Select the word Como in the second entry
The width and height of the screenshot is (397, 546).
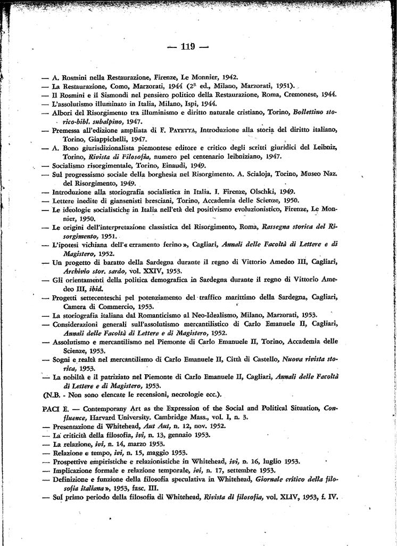[110, 85]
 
